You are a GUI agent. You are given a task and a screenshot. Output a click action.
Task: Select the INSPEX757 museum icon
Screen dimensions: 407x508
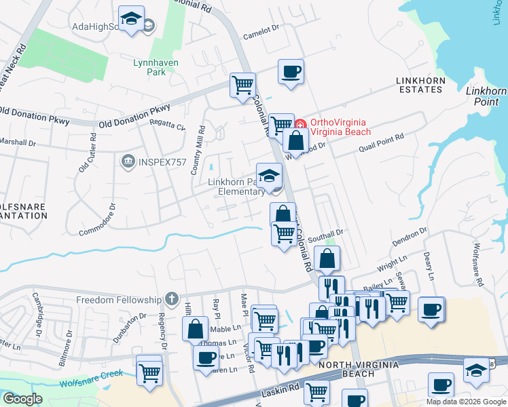pos(127,161)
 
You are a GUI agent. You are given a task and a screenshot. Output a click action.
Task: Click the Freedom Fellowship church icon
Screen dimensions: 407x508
pos(173,299)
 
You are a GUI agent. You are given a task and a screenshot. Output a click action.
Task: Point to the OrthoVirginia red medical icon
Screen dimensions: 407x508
pos(301,123)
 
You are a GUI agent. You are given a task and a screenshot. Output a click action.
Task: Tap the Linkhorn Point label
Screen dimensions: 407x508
pos(486,96)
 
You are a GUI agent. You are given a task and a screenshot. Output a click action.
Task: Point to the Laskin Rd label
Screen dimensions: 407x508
pos(280,390)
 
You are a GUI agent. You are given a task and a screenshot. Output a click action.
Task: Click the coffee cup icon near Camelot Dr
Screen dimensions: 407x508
pos(291,71)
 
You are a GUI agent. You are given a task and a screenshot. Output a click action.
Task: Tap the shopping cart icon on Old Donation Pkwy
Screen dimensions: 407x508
pos(242,85)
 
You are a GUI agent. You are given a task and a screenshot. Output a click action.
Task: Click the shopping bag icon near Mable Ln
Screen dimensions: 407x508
pos(195,329)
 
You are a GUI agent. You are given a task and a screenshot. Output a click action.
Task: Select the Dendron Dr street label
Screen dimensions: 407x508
pos(410,235)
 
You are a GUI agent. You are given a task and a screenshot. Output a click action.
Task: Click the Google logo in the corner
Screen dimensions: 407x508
pos(22,399)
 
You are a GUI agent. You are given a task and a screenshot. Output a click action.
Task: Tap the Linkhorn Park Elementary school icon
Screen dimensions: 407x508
pos(269,175)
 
